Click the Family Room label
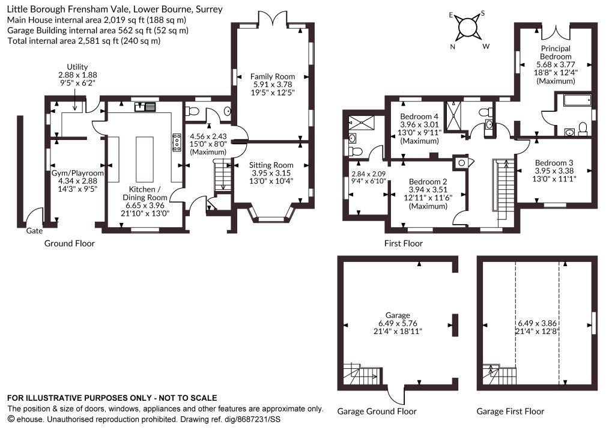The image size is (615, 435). [273, 76]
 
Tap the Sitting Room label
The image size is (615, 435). [271, 165]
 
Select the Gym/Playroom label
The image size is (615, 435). [77, 173]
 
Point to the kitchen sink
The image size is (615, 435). [145, 106]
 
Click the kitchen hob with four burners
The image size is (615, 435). [177, 142]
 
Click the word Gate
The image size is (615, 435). [34, 231]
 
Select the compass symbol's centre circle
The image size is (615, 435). [467, 28]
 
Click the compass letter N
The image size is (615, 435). [453, 47]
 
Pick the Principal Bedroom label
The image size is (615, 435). [556, 52]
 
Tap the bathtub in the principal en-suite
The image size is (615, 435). [577, 100]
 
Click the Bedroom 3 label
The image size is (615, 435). [554, 163]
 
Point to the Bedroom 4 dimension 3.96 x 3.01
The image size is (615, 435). [419, 125]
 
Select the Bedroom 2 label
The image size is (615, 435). [428, 181]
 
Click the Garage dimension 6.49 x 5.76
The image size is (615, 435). [398, 323]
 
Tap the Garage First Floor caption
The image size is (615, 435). [510, 412]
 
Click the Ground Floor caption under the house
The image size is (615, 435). [70, 243]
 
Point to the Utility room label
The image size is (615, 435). [77, 67]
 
